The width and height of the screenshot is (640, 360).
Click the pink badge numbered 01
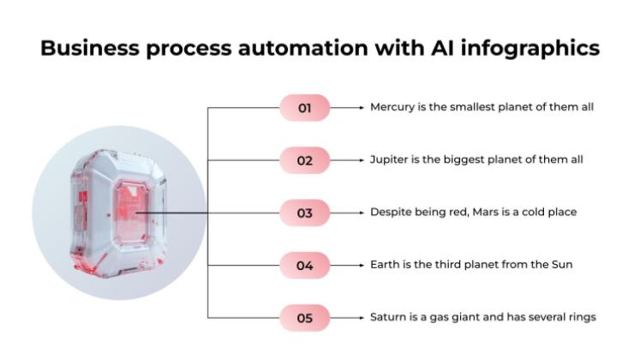tap(304, 108)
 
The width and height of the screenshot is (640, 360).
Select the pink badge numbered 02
tap(304, 160)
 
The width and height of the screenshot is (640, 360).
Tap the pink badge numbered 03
tap(304, 213)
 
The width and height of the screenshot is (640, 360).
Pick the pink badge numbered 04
tap(304, 265)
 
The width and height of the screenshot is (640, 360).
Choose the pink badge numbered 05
tap(304, 317)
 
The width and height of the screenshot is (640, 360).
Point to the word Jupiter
tap(388, 160)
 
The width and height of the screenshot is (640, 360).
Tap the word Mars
tap(487, 213)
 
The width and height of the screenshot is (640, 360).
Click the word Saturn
tap(388, 317)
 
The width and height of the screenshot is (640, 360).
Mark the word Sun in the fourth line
tap(561, 265)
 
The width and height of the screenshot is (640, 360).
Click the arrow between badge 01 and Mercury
tap(348, 108)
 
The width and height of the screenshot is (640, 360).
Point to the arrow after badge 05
tap(348, 317)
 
